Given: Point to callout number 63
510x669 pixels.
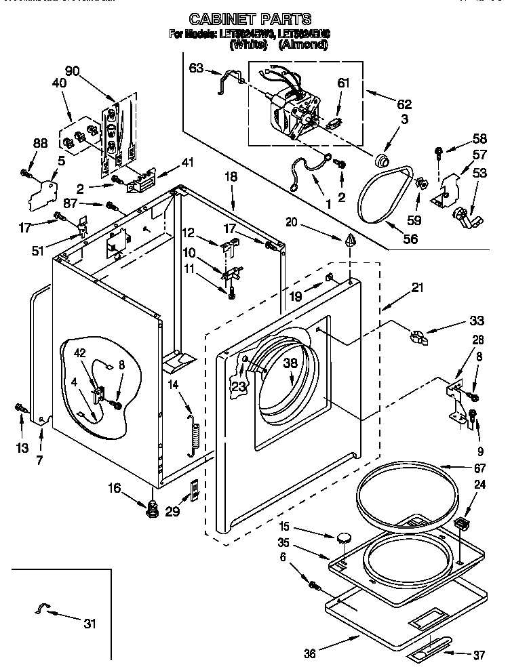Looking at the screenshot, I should tap(196, 68).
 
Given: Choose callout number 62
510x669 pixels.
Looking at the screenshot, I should tap(404, 104).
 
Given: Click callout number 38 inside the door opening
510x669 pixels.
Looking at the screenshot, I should tap(290, 363).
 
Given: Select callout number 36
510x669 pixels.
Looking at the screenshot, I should tap(309, 653).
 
